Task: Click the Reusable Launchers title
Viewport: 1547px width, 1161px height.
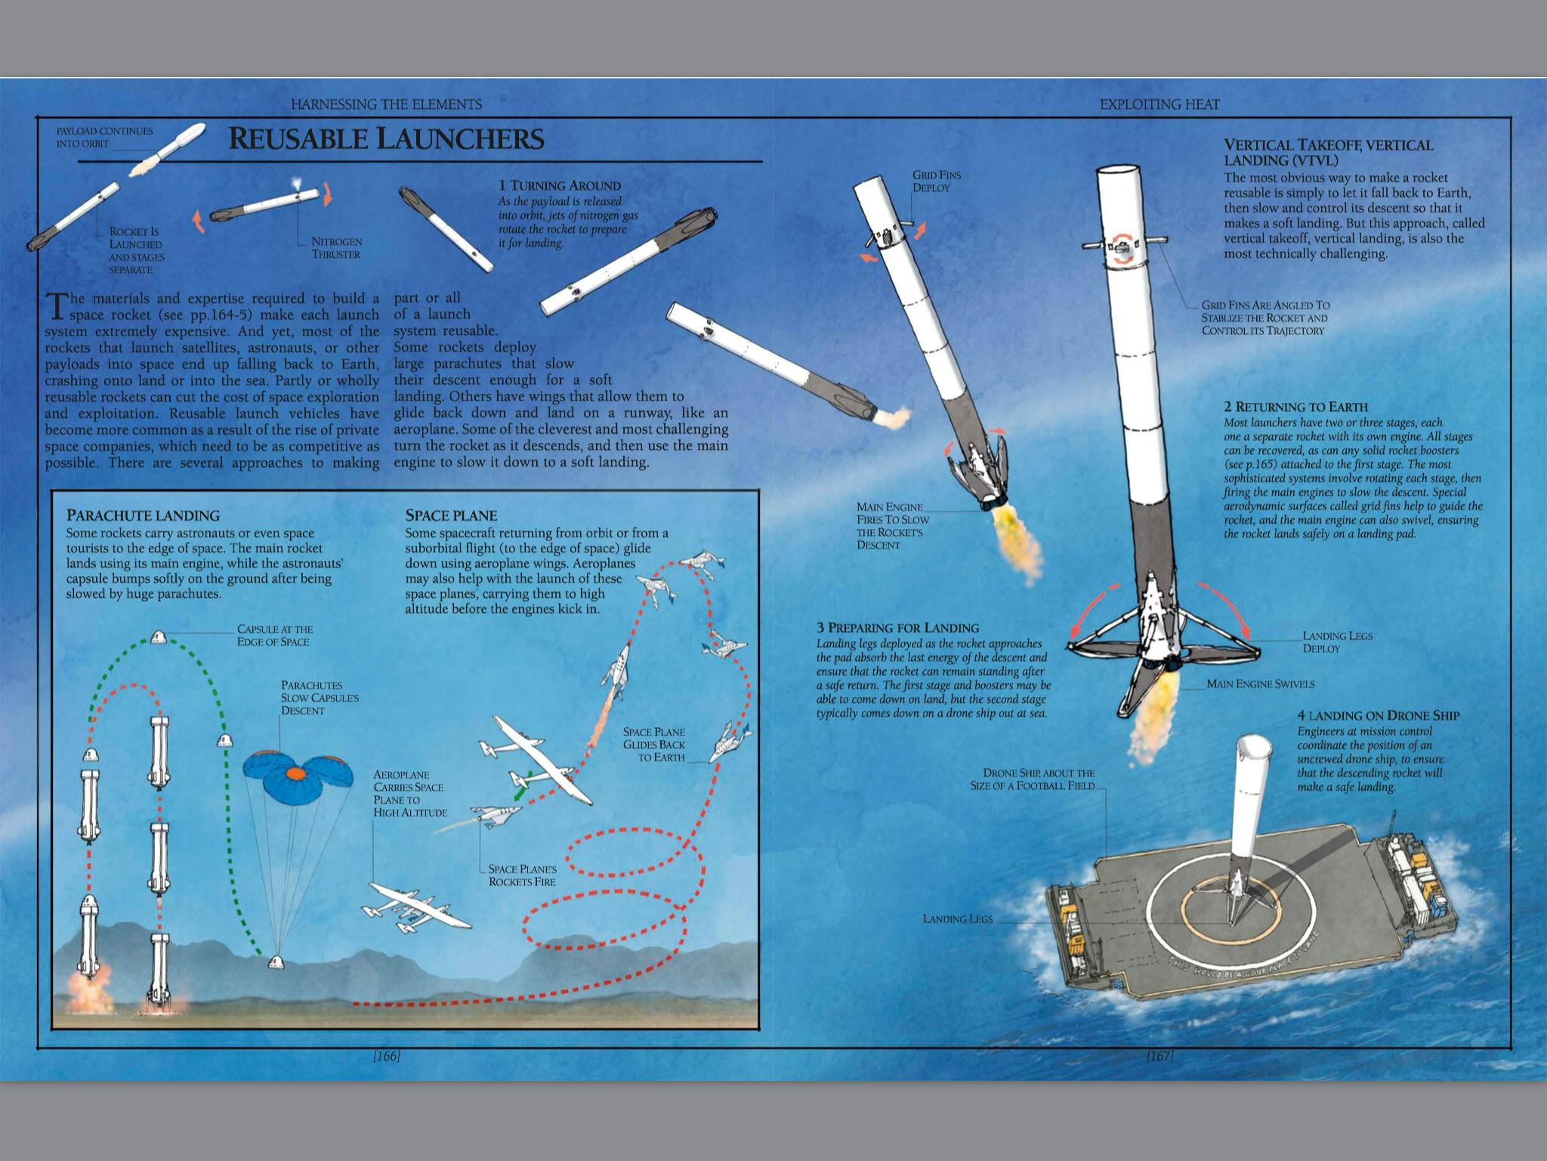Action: click(386, 138)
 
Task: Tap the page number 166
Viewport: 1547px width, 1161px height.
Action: click(386, 1056)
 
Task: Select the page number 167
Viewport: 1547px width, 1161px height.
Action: click(1159, 1056)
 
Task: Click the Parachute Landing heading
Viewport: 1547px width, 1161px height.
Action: click(143, 515)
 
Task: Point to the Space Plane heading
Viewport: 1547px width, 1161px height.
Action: click(451, 515)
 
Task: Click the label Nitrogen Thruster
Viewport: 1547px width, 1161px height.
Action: click(336, 248)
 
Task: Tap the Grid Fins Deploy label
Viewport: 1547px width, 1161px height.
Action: click(937, 181)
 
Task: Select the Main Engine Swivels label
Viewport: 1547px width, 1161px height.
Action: click(1261, 684)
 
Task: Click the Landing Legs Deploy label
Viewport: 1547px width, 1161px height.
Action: click(1337, 642)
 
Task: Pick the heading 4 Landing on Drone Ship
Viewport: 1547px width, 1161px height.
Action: click(1379, 715)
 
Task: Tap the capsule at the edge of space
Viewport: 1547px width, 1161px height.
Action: click(159, 636)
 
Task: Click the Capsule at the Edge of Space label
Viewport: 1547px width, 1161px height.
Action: click(274, 635)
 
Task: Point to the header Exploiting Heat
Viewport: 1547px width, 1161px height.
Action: click(1159, 104)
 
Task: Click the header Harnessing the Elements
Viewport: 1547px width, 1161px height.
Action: click(386, 104)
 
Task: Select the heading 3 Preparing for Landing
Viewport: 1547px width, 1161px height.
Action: click(897, 627)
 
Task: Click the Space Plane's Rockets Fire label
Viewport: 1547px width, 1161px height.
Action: click(522, 875)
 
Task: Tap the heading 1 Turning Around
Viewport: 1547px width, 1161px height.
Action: click(559, 186)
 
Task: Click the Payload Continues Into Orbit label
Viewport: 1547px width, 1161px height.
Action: click(104, 137)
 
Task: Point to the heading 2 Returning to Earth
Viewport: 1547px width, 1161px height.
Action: click(1296, 407)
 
